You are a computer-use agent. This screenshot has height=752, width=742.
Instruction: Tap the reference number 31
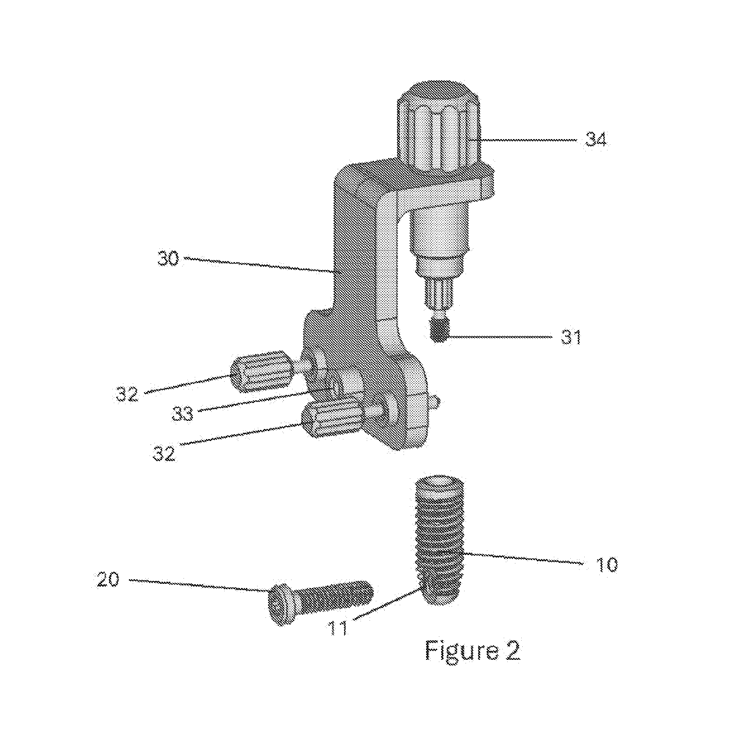[x=571, y=337]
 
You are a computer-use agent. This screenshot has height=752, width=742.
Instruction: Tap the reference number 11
[x=338, y=628]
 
